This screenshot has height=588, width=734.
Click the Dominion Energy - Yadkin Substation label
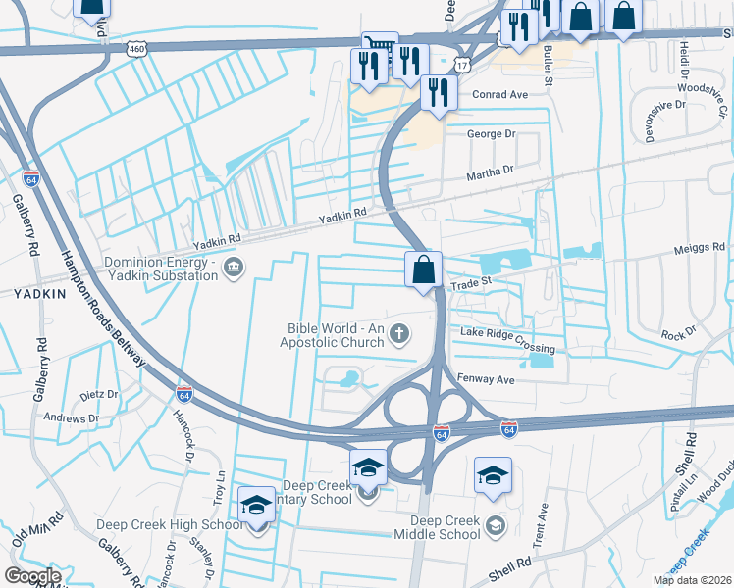coord(160,269)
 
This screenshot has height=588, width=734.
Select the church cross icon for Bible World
coord(398,335)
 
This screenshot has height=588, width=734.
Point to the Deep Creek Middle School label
coord(446,527)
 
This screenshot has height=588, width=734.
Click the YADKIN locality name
coord(39,292)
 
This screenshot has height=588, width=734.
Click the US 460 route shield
coord(137,47)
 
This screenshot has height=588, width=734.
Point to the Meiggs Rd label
coord(700,247)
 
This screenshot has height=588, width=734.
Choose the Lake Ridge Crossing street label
coord(507,342)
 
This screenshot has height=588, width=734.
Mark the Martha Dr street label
coord(490,172)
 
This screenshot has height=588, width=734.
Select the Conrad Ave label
coord(499,95)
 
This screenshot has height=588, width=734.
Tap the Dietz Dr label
coord(98,396)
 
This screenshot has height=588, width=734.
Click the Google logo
coord(32,576)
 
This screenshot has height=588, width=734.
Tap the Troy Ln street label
coord(220,487)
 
